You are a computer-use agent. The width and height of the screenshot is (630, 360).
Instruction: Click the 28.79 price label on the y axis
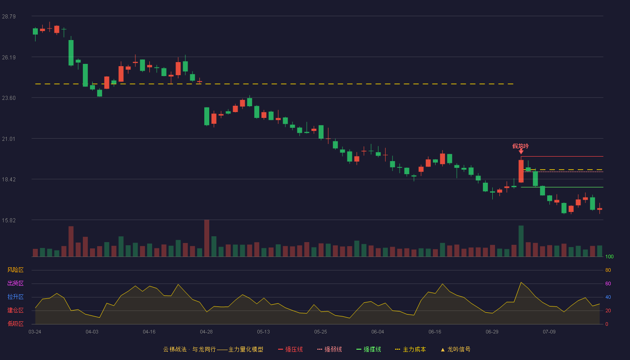pos(9,17)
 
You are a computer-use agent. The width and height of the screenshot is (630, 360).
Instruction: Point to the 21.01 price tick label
pos(9,139)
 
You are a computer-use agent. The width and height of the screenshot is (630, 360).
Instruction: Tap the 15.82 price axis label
pos(9,220)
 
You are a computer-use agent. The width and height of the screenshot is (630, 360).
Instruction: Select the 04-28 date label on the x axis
pos(206,332)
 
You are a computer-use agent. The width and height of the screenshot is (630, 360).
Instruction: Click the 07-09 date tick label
pos(549,332)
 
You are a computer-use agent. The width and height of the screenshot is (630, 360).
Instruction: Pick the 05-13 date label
pos(263,332)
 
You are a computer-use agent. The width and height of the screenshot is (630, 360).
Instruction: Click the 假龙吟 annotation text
pos(520,146)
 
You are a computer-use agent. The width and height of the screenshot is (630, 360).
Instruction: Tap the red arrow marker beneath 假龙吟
pos(521,152)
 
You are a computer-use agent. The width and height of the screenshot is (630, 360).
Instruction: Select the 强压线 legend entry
pos(290,349)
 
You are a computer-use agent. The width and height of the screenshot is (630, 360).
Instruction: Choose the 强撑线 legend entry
pos(369,349)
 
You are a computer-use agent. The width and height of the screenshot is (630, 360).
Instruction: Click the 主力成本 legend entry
pos(410,349)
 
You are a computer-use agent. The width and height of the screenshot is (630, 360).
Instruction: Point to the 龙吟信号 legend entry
pos(455,349)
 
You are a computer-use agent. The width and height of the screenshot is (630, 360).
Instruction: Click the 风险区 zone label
pos(15,270)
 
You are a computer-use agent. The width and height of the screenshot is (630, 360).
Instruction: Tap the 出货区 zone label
pos(15,283)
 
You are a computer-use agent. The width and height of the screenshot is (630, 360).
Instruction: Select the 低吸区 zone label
pos(15,324)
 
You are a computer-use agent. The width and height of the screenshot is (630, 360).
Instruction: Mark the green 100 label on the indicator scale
pos(609,256)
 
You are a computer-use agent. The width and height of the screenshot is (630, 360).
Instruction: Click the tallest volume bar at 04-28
pos(207,238)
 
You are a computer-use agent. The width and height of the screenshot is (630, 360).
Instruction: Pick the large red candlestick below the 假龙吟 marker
pos(521,171)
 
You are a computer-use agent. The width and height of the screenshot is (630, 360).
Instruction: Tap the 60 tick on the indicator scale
pos(608,283)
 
